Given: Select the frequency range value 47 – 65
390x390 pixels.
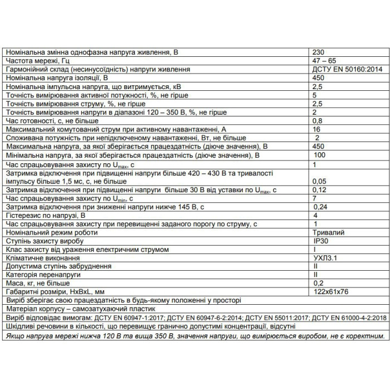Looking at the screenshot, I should coord(322,60).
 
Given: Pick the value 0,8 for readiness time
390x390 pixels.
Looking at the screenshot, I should coord(318,120).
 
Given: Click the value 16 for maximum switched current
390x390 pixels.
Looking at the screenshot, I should coord(316,129).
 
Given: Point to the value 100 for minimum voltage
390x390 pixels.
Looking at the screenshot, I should coord(319,154).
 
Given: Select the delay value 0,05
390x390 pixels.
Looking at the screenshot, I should coord(319,181).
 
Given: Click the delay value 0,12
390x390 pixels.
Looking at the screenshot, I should coord(319,190).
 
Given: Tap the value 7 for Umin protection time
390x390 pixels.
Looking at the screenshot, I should coord(315,198).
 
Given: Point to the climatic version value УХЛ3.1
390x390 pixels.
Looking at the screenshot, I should coord(326,259).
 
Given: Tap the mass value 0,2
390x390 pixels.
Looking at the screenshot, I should coord(318,284).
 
